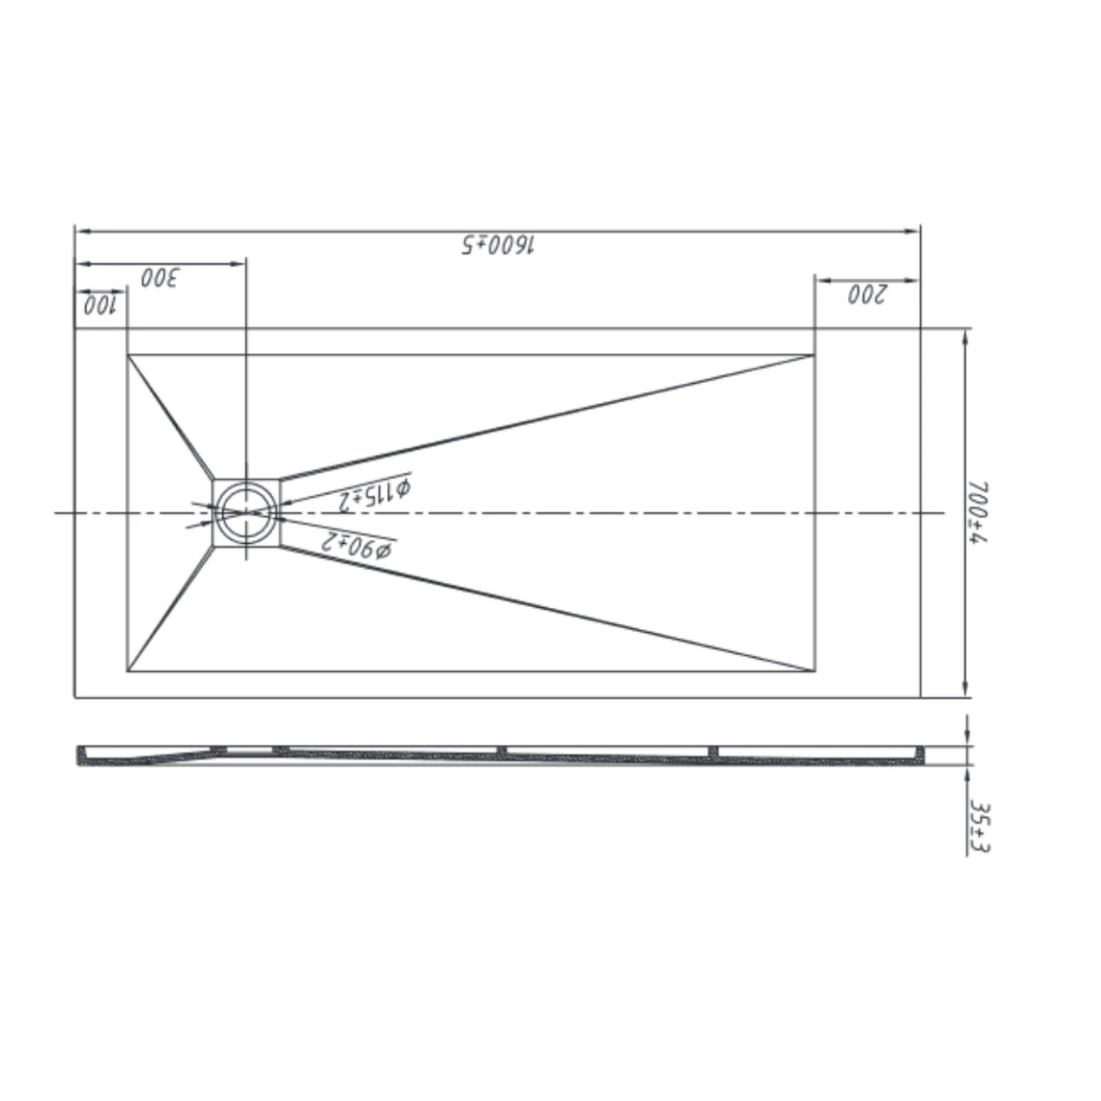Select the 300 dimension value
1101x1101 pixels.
(x=160, y=278)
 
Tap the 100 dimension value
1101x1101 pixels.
(x=99, y=305)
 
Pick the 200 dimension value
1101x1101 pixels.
(x=868, y=294)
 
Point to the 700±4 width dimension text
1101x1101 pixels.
(x=978, y=512)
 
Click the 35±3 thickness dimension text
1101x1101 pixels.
(x=979, y=827)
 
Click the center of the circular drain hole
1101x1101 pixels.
(x=247, y=512)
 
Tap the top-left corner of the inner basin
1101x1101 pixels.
(x=128, y=355)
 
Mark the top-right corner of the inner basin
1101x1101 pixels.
(x=815, y=355)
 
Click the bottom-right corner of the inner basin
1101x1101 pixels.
(x=815, y=671)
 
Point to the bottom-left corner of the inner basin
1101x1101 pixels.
(x=128, y=671)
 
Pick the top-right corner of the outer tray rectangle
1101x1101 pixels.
(x=920, y=329)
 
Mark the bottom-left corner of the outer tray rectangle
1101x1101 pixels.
(x=75, y=697)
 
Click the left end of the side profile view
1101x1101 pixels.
(x=79, y=756)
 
